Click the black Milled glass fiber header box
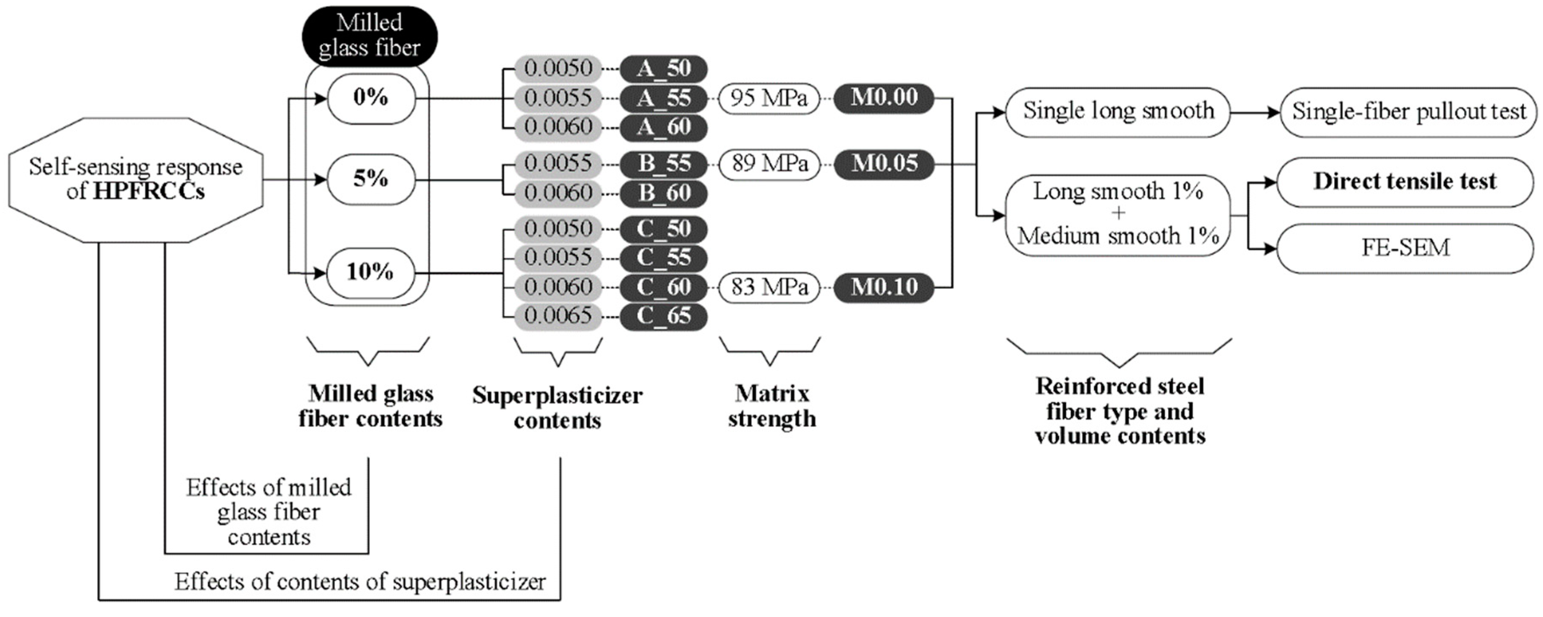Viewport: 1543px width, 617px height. point(369,36)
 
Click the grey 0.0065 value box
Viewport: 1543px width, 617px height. point(557,316)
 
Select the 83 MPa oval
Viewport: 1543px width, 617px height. point(769,287)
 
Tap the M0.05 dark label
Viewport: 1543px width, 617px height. point(884,163)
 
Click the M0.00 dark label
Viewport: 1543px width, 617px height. point(884,97)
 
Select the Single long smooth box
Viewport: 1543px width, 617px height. point(1118,111)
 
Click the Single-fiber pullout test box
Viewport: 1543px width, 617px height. point(1408,112)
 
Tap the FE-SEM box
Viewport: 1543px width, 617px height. point(1405,248)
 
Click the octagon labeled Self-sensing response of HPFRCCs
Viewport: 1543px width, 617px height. point(136,179)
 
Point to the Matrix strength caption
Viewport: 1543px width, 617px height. point(771,406)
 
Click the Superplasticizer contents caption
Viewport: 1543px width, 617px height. point(557,407)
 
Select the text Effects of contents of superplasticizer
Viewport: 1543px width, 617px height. point(360,582)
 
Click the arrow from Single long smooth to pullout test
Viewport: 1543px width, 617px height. point(1255,112)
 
